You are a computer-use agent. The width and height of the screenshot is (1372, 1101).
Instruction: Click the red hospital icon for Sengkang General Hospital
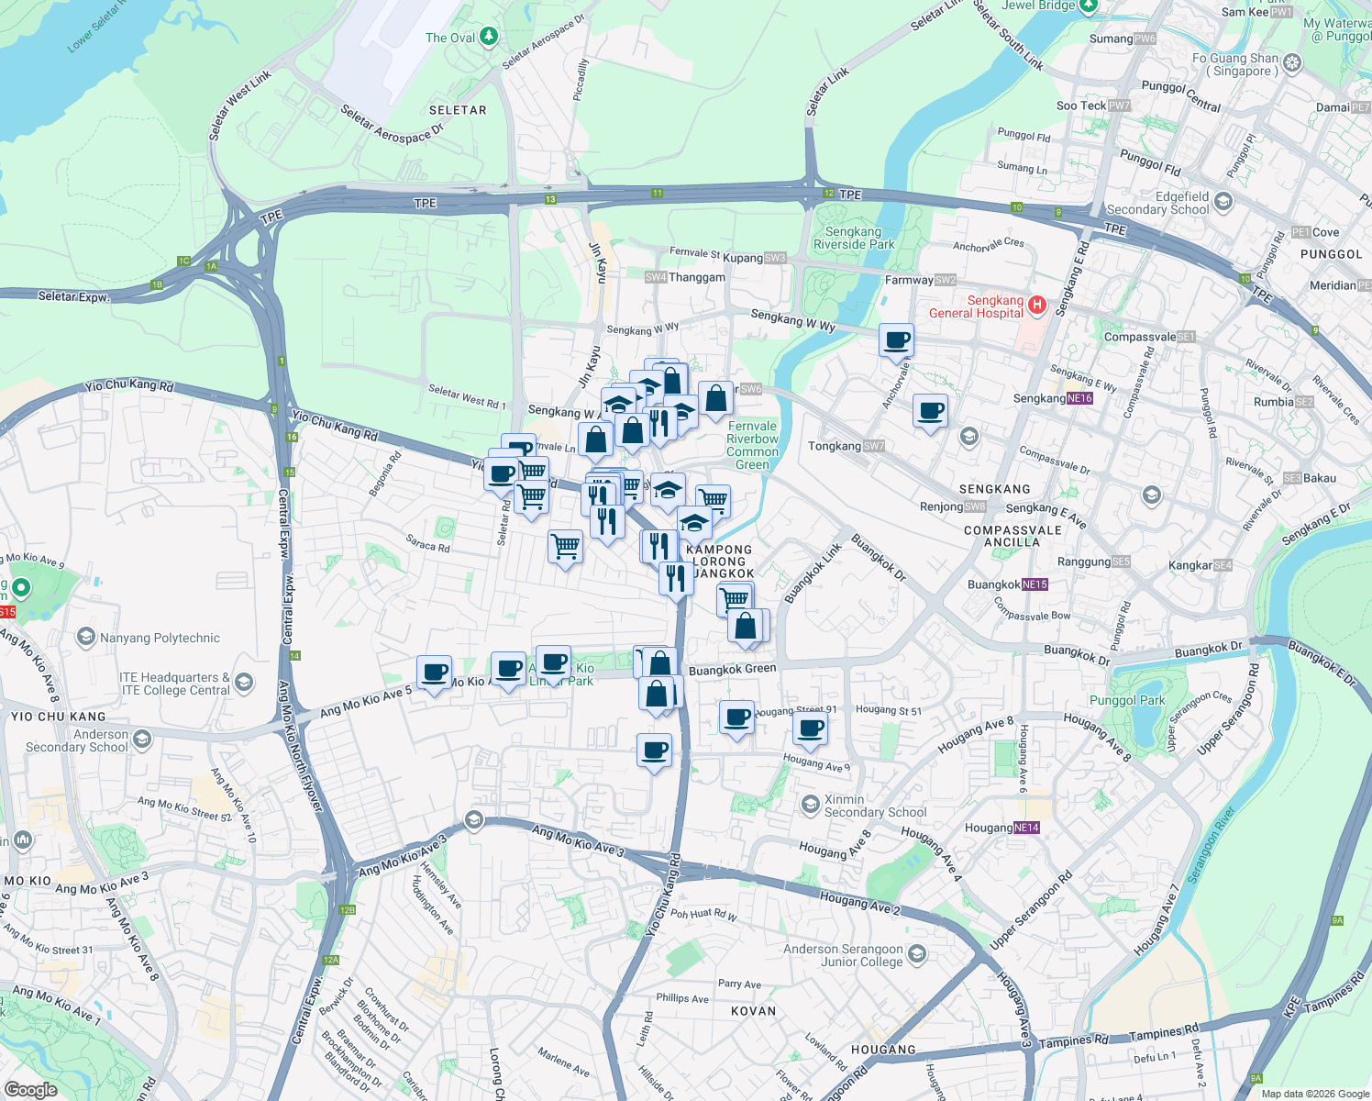coord(1036,305)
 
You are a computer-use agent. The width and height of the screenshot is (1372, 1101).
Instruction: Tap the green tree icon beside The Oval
coord(489,37)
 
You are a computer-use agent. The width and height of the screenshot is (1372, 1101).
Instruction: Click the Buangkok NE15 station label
coord(1007,584)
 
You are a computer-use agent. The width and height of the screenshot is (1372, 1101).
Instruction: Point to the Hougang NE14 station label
coord(1001,828)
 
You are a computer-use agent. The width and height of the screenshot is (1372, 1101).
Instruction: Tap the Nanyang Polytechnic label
coord(160,638)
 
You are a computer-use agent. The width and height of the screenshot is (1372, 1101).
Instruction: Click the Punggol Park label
coord(1127,700)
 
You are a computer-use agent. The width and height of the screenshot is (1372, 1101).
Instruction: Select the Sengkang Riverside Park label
coord(853,238)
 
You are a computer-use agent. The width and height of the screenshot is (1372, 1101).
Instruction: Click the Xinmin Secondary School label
coord(874,806)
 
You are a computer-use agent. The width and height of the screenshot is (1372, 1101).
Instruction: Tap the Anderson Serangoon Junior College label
coord(843,955)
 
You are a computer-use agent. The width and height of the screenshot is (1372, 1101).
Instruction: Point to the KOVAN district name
coord(753,1011)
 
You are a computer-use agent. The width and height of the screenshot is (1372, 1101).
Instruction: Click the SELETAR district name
coord(458,110)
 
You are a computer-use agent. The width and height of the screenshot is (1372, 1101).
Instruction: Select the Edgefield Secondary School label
coord(1158,203)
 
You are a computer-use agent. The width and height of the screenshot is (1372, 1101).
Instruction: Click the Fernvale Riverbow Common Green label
coord(752,445)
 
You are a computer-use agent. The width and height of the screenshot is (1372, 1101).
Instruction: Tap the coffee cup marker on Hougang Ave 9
coord(810,729)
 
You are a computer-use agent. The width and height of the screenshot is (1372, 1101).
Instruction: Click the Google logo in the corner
coord(30,1090)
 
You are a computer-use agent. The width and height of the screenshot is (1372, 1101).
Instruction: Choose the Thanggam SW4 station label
coord(685,277)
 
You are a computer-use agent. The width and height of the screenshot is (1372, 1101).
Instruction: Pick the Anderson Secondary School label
coord(77,740)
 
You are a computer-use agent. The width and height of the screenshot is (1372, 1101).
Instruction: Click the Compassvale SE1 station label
coord(1149,337)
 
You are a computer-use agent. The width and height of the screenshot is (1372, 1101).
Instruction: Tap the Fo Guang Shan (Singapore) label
coord(1243,64)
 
